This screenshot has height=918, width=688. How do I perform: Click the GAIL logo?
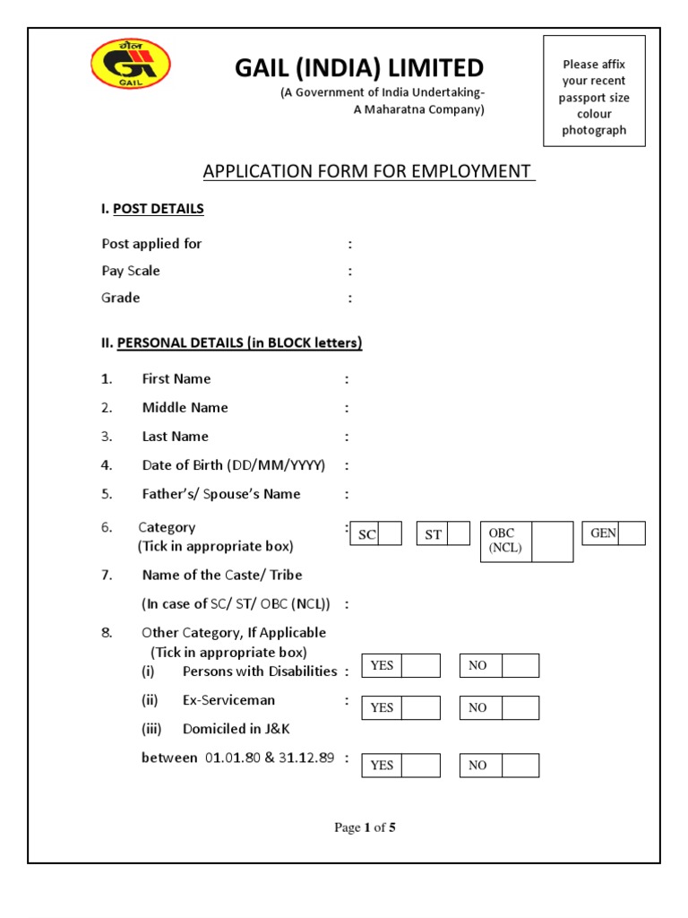[x=131, y=64]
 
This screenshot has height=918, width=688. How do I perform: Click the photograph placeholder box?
[x=594, y=91]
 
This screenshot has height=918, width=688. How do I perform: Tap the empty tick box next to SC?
[x=390, y=534]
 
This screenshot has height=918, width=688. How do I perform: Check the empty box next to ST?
[x=458, y=534]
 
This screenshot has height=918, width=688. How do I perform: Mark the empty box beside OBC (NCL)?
[x=552, y=541]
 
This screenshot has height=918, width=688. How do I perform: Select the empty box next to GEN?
[x=631, y=533]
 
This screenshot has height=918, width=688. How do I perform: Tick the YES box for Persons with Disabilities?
[x=421, y=666]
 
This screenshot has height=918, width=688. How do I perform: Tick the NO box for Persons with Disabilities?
[x=520, y=666]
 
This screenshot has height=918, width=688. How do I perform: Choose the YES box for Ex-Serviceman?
[x=421, y=708]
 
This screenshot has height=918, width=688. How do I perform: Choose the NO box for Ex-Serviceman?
[x=520, y=708]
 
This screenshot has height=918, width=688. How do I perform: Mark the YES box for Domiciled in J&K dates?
[x=421, y=766]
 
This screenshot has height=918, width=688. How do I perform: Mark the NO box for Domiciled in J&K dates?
[x=520, y=766]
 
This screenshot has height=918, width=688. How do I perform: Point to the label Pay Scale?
[x=131, y=271]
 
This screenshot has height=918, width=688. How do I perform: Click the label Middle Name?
[x=185, y=408]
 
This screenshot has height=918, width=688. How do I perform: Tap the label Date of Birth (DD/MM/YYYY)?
[x=233, y=465]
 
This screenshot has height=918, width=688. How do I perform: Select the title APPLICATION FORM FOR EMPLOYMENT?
[x=368, y=171]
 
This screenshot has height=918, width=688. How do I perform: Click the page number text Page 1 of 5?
[x=365, y=827]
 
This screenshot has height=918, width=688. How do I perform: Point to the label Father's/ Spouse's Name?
[x=221, y=494]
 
